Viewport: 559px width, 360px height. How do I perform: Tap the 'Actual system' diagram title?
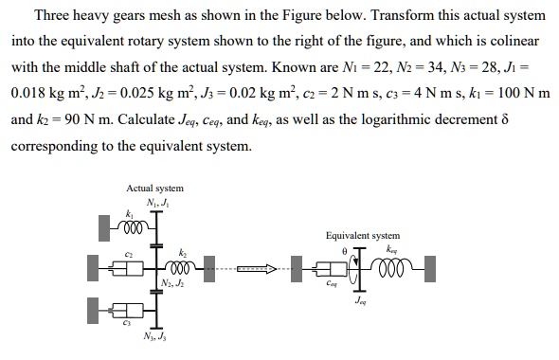point(154,189)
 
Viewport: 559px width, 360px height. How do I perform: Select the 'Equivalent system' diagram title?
point(362,235)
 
